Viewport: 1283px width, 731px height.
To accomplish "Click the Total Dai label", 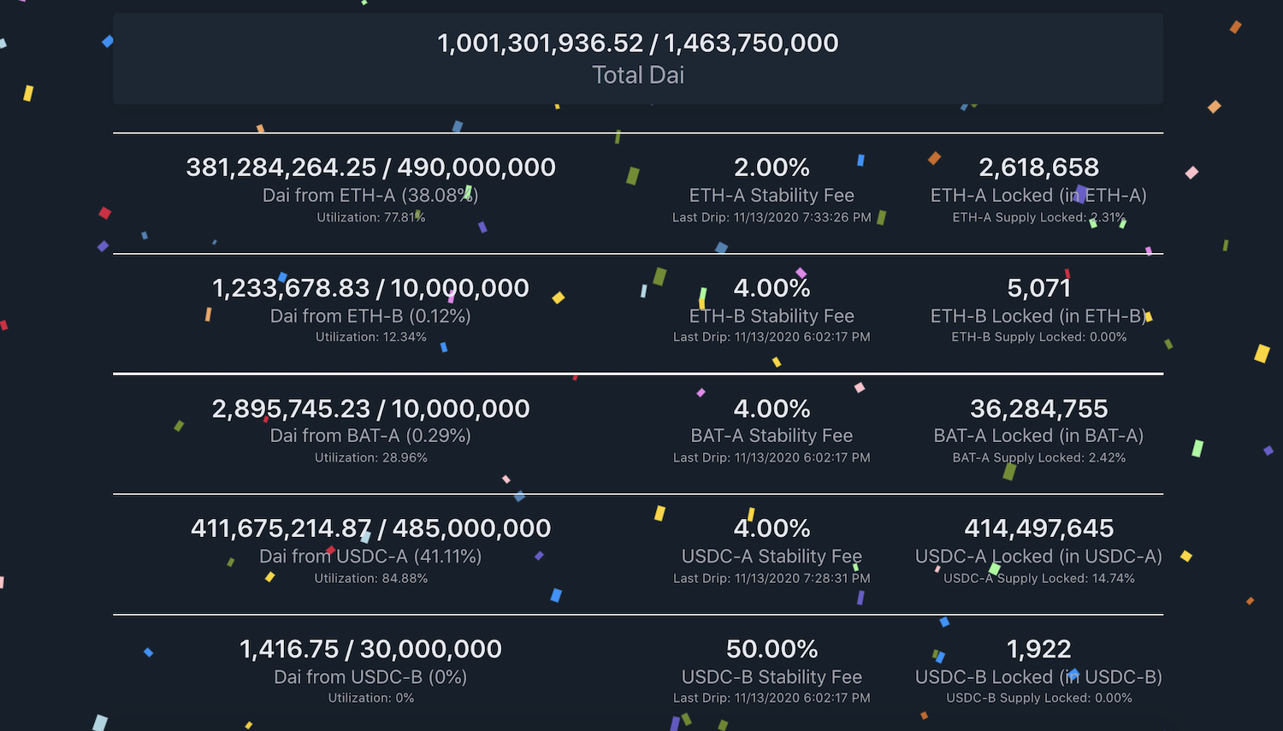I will pos(638,75).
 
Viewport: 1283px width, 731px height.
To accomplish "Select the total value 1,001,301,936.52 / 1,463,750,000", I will pos(638,43).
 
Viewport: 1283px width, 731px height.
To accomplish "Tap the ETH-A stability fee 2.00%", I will pos(772,168).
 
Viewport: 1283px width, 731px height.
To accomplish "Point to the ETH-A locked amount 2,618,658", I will pos(1038,168).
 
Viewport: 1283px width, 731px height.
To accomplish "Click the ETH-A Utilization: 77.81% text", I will pos(370,217).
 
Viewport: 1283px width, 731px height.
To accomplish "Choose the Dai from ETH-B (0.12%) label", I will pos(370,315).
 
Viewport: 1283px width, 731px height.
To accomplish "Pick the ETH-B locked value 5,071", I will pos(1038,288).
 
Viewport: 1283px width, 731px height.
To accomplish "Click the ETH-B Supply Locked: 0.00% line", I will pos(1038,337).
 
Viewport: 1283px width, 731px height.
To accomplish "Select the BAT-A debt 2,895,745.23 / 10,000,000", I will pos(370,409).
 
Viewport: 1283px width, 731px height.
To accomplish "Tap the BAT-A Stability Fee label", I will pos(772,436).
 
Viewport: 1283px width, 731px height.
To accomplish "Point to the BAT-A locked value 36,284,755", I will pos(1038,409).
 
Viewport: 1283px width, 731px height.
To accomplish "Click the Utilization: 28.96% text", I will pos(370,457).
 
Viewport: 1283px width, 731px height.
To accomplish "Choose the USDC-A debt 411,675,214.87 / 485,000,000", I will pos(370,528).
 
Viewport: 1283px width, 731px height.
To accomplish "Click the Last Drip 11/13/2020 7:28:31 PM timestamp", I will pos(772,578).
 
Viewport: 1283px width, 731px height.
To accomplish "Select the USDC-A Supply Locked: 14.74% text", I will pos(1038,578).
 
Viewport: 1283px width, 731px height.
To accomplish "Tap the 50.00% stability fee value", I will pos(772,649).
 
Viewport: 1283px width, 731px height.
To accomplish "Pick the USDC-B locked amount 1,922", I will pos(1038,649).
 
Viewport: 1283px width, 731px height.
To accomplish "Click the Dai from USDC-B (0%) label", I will pos(370,677).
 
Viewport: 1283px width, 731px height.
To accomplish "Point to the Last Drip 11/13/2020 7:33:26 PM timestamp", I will pos(772,217).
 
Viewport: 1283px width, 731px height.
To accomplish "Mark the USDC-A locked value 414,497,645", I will pos(1038,528).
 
